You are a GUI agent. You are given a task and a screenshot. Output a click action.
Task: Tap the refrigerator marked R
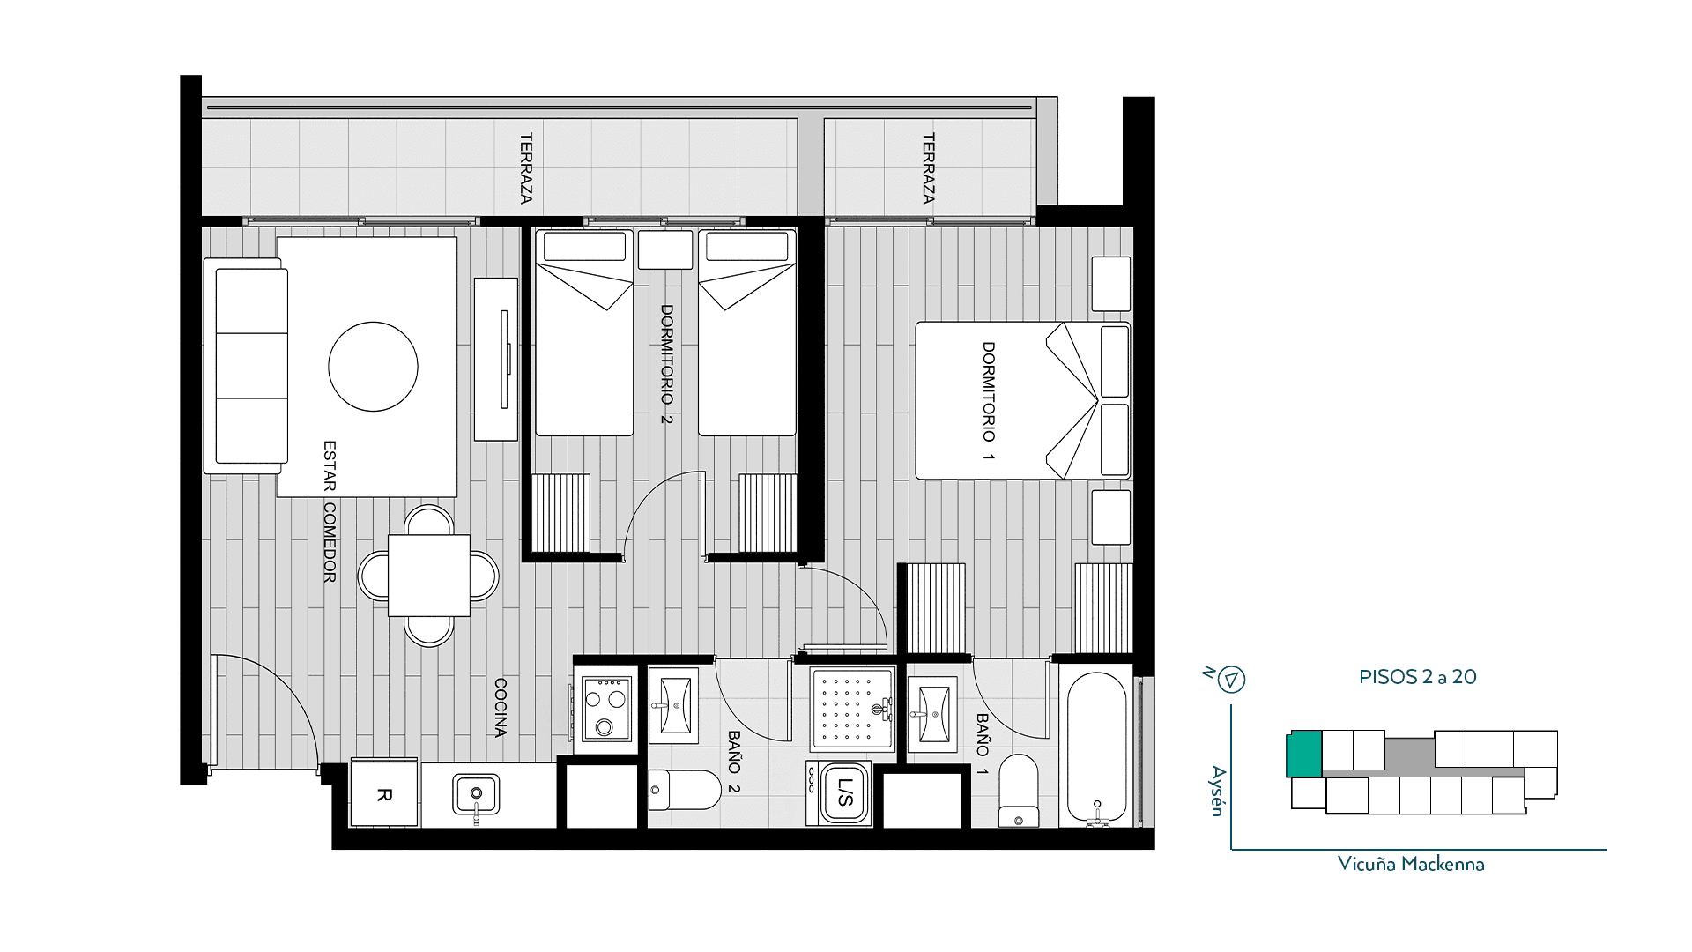pyautogui.click(x=384, y=793)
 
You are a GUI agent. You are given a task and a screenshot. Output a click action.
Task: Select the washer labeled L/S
pyautogui.click(x=840, y=793)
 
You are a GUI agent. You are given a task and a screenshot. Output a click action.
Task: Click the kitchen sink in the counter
pyautogui.click(x=476, y=795)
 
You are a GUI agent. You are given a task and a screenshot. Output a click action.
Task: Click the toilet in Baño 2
pyautogui.click(x=686, y=790)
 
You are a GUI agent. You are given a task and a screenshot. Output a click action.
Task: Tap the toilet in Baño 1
pyautogui.click(x=1019, y=791)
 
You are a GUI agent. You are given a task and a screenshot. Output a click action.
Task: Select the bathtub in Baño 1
pyautogui.click(x=1097, y=749)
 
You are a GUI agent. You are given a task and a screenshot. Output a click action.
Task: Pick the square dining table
pyautogui.click(x=429, y=576)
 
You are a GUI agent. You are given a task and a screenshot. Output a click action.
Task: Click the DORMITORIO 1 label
pyautogui.click(x=989, y=401)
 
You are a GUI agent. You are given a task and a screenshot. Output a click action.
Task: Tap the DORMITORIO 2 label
pyautogui.click(x=667, y=364)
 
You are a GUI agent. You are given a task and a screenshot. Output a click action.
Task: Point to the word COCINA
pyautogui.click(x=501, y=708)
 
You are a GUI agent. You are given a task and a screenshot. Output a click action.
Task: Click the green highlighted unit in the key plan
pyautogui.click(x=1304, y=754)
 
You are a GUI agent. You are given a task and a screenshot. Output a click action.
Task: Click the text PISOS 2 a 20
pyautogui.click(x=1417, y=677)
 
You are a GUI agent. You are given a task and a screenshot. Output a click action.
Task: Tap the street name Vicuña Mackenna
pyautogui.click(x=1411, y=864)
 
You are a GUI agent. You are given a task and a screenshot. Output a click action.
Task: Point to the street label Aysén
pyautogui.click(x=1218, y=791)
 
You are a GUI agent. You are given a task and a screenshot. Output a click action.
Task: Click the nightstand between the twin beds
pyautogui.click(x=665, y=250)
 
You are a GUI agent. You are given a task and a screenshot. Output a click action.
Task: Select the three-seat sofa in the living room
pyautogui.click(x=247, y=366)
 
